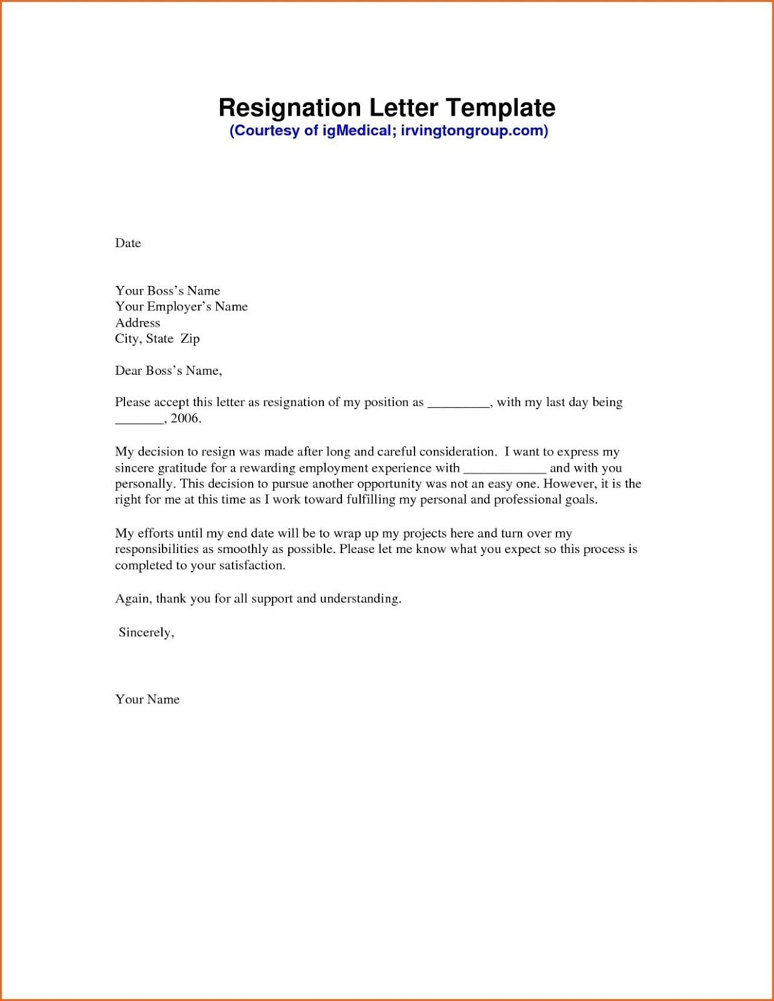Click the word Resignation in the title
pyautogui.click(x=289, y=108)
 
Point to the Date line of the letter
pyautogui.click(x=128, y=243)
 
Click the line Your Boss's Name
pyautogui.click(x=168, y=291)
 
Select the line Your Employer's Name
pyautogui.click(x=181, y=307)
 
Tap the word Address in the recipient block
pyautogui.click(x=138, y=323)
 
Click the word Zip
pyautogui.click(x=190, y=339)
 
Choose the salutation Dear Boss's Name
pyautogui.click(x=168, y=371)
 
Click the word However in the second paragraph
pyautogui.click(x=569, y=484)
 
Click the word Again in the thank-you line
pyautogui.click(x=134, y=599)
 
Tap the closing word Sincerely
pyautogui.click(x=146, y=633)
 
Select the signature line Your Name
pyautogui.click(x=148, y=699)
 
